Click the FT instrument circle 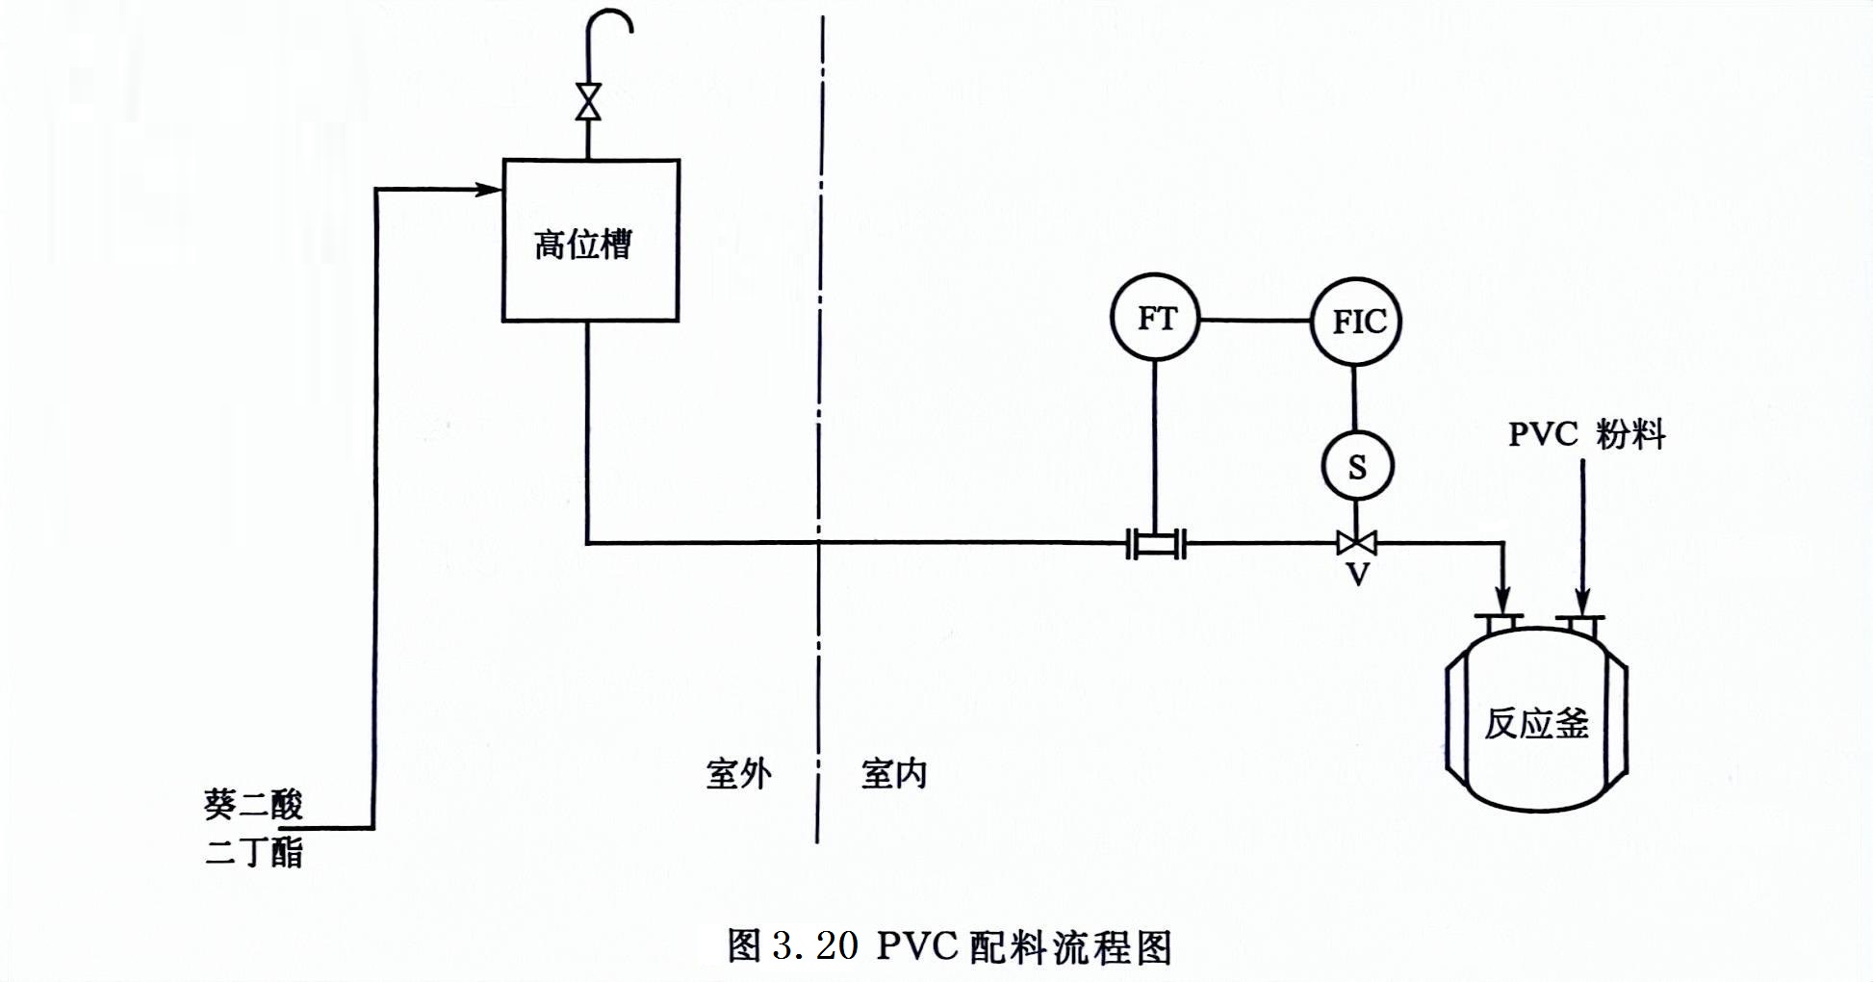(x=1155, y=319)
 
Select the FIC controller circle (x=1356, y=322)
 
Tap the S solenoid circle (x=1356, y=467)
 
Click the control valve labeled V (x=1356, y=543)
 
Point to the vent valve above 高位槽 (x=588, y=101)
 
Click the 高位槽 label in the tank (x=583, y=245)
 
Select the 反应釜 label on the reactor (x=1536, y=724)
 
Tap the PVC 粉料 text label (x=1586, y=435)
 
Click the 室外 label (x=738, y=774)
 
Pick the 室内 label (x=893, y=774)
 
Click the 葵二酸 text (x=253, y=805)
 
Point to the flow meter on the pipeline (x=1155, y=543)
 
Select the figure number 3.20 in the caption (x=815, y=946)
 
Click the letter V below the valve (x=1357, y=576)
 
